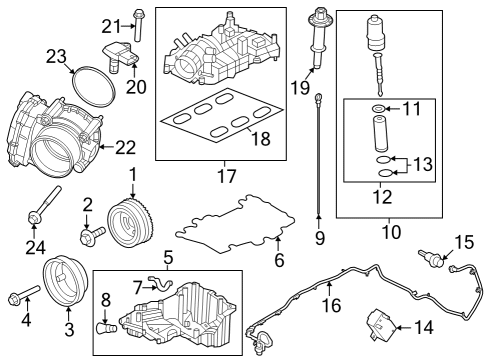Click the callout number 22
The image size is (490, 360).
tap(125, 147)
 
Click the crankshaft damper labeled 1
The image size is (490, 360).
tap(128, 218)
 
